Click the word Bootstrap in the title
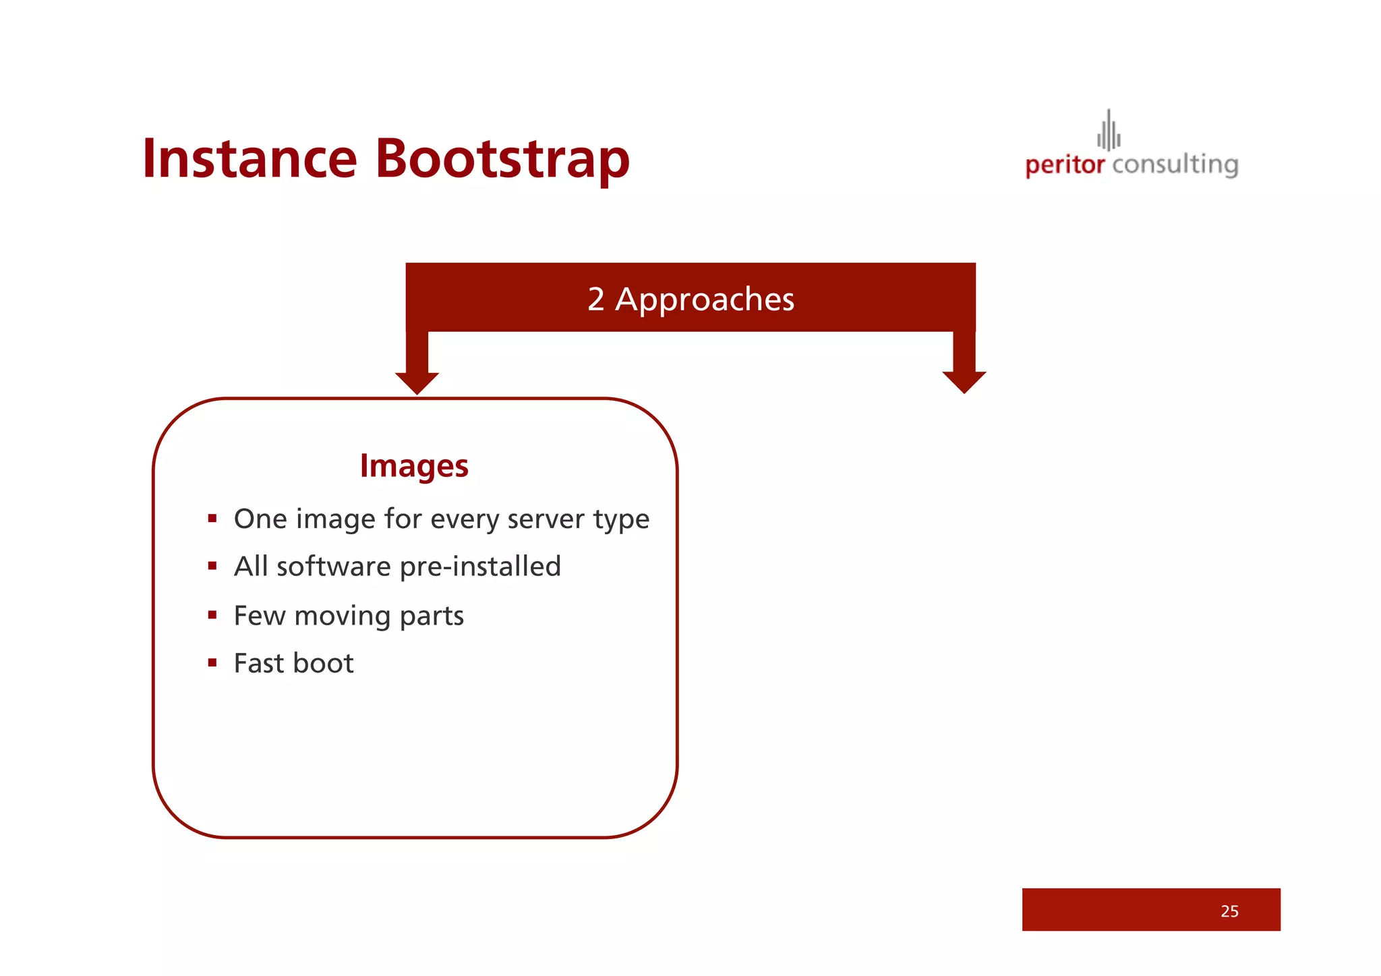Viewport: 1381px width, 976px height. [502, 159]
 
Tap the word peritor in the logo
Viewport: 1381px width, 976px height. [1065, 165]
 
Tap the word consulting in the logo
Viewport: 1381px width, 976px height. [1175, 165]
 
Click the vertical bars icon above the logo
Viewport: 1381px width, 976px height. [1109, 131]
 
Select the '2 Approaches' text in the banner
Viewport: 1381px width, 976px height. [690, 299]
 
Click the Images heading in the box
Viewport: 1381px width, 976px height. [414, 465]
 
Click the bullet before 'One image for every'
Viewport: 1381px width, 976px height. [212, 519]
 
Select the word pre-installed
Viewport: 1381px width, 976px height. [480, 567]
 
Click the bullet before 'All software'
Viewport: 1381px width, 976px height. [212, 566]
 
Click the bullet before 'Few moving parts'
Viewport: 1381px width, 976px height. [212, 614]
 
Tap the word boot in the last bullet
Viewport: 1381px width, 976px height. [323, 663]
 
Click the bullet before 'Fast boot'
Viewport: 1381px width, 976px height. [212, 662]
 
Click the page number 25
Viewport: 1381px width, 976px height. [1229, 911]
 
